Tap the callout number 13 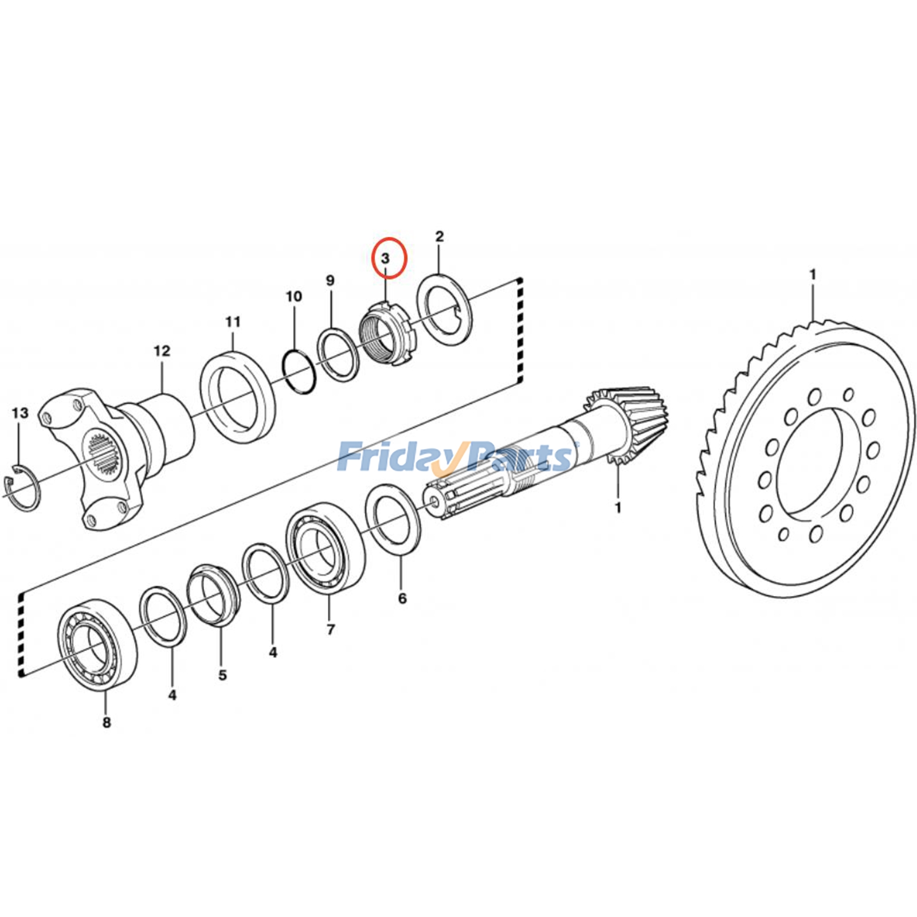tap(19, 413)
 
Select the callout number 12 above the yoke tap(162, 351)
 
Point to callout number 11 tap(233, 322)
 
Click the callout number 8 tap(107, 723)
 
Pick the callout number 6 tap(402, 598)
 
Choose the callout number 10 tap(293, 297)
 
